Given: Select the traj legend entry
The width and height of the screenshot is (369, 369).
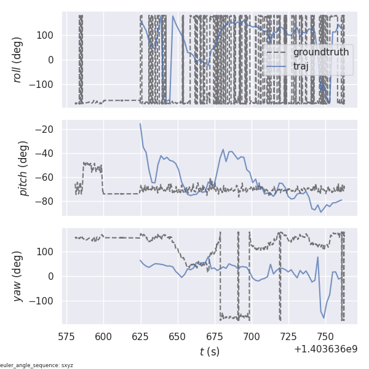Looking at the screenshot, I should click(x=301, y=66).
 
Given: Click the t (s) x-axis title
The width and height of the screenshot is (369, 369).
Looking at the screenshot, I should click(x=210, y=352).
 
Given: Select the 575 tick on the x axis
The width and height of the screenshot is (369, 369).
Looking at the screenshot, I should click(x=67, y=336).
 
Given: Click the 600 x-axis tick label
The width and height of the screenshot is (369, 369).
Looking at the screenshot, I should click(x=104, y=336).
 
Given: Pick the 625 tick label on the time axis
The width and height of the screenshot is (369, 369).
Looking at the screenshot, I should click(x=141, y=336).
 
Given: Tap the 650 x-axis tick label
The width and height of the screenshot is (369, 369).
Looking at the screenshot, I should click(x=178, y=336).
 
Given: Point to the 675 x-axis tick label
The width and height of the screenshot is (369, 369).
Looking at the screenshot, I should click(x=215, y=336).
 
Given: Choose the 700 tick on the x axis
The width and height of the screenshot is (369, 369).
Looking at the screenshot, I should click(x=252, y=336).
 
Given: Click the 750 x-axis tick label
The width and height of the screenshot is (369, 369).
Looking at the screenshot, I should click(x=325, y=336).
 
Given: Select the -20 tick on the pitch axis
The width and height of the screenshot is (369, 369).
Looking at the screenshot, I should click(x=48, y=129).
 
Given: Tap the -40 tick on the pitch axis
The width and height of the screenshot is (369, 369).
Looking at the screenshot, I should click(x=48, y=153).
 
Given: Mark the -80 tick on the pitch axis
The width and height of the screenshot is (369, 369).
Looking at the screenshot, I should click(x=48, y=201).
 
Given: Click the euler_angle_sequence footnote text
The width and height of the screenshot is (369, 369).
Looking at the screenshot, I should click(x=37, y=365).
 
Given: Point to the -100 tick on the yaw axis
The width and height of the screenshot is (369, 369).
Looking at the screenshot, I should click(x=44, y=301).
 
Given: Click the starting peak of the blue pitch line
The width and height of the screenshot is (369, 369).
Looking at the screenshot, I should click(x=140, y=124).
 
